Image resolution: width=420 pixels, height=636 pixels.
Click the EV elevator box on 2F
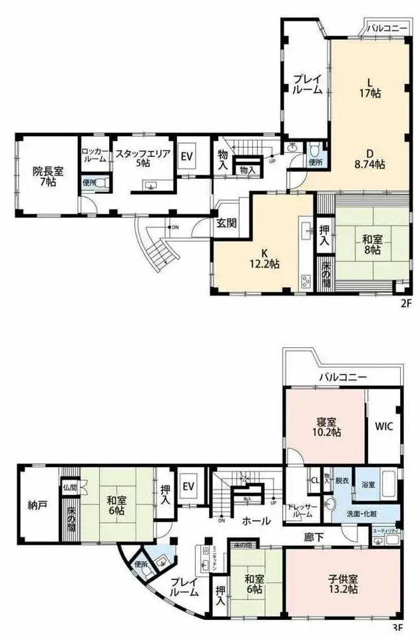tap(187, 157)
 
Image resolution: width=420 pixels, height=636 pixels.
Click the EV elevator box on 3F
tap(188, 486)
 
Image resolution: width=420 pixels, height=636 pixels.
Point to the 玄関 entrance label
tap(223, 224)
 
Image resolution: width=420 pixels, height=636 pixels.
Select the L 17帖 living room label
tap(371, 88)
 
